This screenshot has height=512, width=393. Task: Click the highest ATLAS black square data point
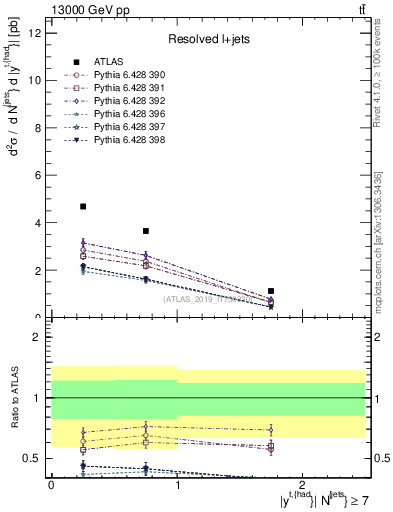(x=83, y=206)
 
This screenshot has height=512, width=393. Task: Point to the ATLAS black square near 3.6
(x=146, y=231)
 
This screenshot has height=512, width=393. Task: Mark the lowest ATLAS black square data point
(x=271, y=291)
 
